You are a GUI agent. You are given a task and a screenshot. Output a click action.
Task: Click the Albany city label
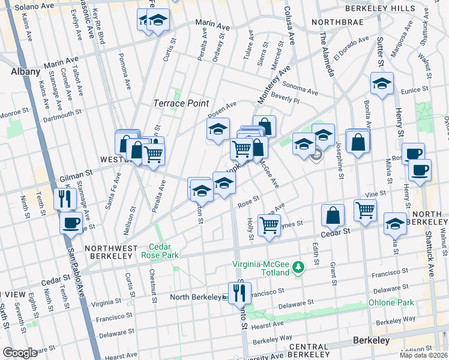25,71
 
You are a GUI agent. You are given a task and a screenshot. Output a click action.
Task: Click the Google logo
20,353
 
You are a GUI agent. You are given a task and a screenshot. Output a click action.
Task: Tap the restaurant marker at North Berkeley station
239,292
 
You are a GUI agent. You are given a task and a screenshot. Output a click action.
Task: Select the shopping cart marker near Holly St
270,225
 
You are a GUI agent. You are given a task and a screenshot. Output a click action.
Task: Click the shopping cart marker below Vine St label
365,210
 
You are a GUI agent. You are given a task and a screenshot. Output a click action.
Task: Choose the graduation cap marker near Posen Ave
218,128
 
